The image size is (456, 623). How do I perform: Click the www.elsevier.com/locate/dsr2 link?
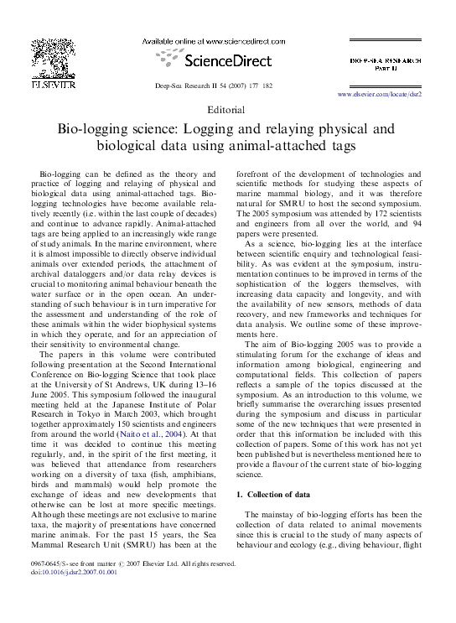pos(380,95)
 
